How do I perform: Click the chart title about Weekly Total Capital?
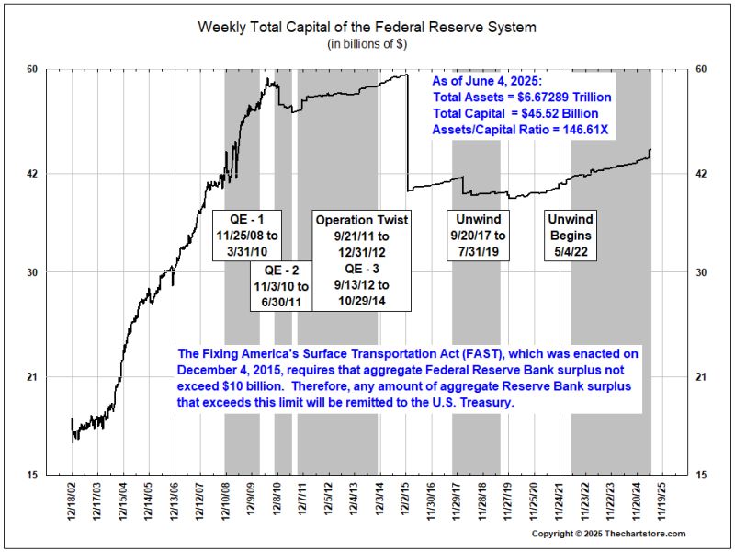367,27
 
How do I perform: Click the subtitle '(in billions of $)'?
367,44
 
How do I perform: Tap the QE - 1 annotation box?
246,236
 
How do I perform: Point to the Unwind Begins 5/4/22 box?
571,236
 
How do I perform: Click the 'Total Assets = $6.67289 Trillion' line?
522,97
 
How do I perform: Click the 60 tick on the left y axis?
56,69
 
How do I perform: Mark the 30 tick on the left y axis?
56,272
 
